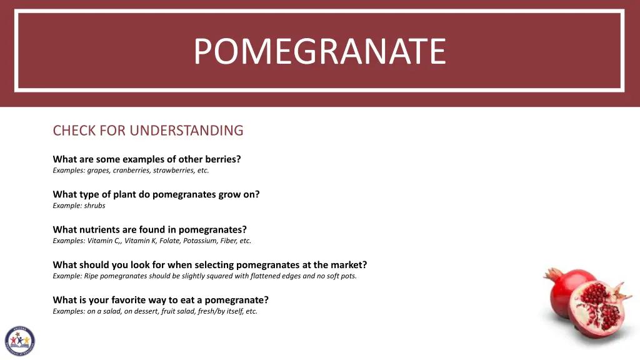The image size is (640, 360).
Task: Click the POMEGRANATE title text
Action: (x=319, y=51)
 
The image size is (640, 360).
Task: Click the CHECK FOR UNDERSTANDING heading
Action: (x=148, y=131)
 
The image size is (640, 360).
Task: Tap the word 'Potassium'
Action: (x=200, y=241)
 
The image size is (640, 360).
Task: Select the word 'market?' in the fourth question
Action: (x=349, y=264)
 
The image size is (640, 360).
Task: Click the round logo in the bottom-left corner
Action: (x=20, y=341)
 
